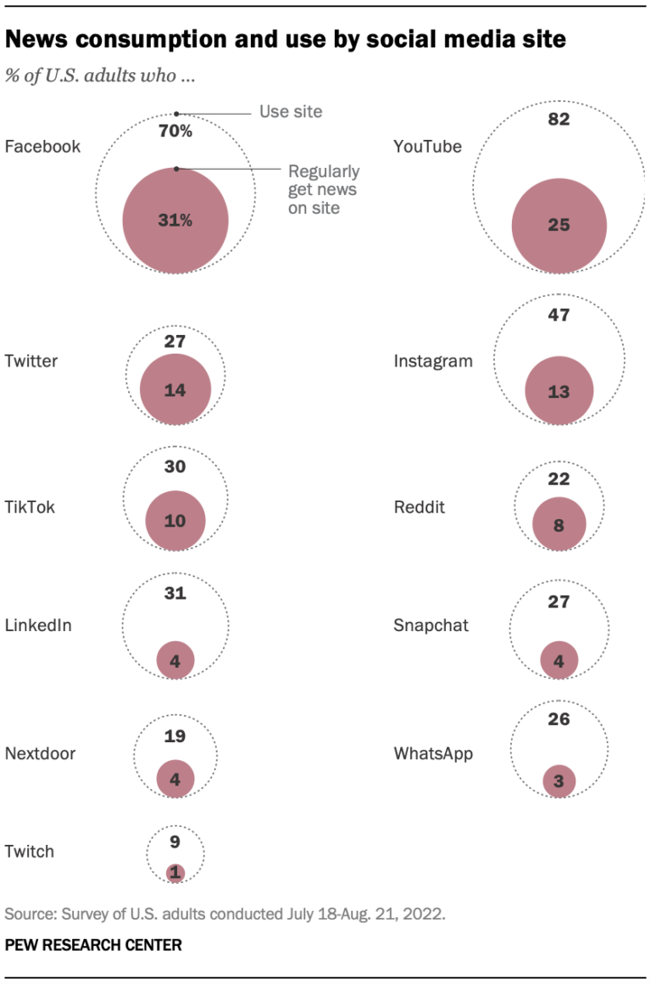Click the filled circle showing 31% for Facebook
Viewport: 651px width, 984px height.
(x=175, y=221)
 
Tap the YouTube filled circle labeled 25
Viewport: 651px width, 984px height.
(x=559, y=226)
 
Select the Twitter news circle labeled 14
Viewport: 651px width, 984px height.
(x=175, y=390)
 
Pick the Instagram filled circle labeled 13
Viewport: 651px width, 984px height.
(x=559, y=390)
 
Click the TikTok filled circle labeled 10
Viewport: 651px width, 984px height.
(x=175, y=521)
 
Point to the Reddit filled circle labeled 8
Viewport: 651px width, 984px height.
(x=559, y=525)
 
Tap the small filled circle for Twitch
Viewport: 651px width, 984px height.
(x=175, y=872)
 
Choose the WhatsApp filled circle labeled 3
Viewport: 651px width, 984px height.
(x=559, y=781)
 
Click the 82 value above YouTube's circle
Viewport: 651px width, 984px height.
(x=559, y=120)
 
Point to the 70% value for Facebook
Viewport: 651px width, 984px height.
(x=175, y=131)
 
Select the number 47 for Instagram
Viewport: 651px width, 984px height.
(x=559, y=316)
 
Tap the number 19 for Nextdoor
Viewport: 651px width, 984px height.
(x=175, y=736)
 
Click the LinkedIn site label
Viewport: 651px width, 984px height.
(x=38, y=626)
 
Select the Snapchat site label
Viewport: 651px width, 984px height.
(x=431, y=626)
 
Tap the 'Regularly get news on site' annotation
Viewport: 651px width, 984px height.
(x=323, y=189)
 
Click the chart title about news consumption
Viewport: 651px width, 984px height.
(x=286, y=40)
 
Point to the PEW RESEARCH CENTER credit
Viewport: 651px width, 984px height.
(x=93, y=944)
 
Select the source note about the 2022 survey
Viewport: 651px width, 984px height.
(x=225, y=914)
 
